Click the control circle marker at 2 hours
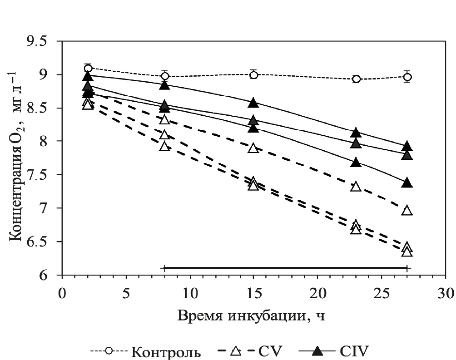pyautogui.click(x=88, y=69)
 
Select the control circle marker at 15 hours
pyautogui.click(x=253, y=75)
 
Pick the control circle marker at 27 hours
pyautogui.click(x=407, y=77)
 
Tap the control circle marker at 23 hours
pyautogui.click(x=356, y=79)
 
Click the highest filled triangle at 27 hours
pyautogui.click(x=407, y=146)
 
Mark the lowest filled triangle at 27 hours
pyautogui.click(x=407, y=183)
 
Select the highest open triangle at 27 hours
pyautogui.click(x=407, y=210)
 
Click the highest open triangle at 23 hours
pyautogui.click(x=356, y=187)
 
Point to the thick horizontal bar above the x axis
pyautogui.click(x=286, y=268)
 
